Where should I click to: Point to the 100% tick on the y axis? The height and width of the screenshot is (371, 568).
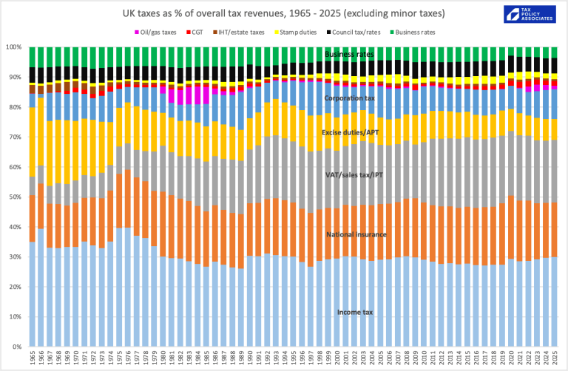coord(13,47)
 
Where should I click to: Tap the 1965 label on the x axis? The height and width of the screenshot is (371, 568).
coord(31,358)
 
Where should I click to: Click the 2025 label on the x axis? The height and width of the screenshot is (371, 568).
coord(554,358)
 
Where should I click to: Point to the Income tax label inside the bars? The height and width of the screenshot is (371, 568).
coord(355,313)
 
